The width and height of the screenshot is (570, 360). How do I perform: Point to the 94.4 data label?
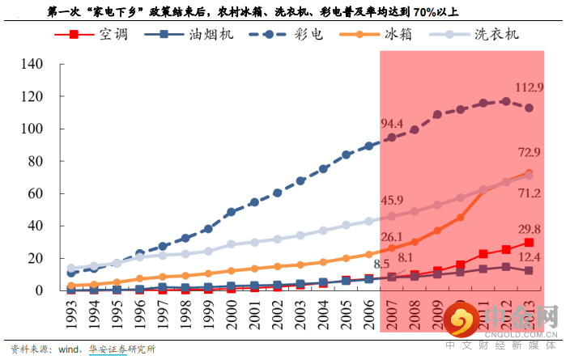[392, 123]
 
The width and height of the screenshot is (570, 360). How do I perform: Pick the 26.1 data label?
[392, 236]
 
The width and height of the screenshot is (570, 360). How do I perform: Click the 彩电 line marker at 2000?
[232, 212]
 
